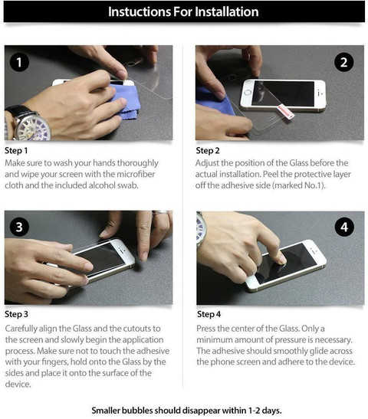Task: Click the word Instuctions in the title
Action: coord(139,11)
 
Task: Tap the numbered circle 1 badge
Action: coord(19,62)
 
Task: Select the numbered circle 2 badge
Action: coord(344,62)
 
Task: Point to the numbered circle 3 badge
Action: coord(19,227)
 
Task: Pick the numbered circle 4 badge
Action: coord(344,227)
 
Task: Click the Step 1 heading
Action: coord(16,151)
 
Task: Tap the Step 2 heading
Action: coord(208,151)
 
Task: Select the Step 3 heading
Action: coord(16,314)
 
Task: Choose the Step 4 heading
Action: coord(209,314)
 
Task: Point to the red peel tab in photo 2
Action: coord(286,111)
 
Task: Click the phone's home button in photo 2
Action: coord(248,93)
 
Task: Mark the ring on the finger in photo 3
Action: coord(160,213)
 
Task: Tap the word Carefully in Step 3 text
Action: coord(21,329)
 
